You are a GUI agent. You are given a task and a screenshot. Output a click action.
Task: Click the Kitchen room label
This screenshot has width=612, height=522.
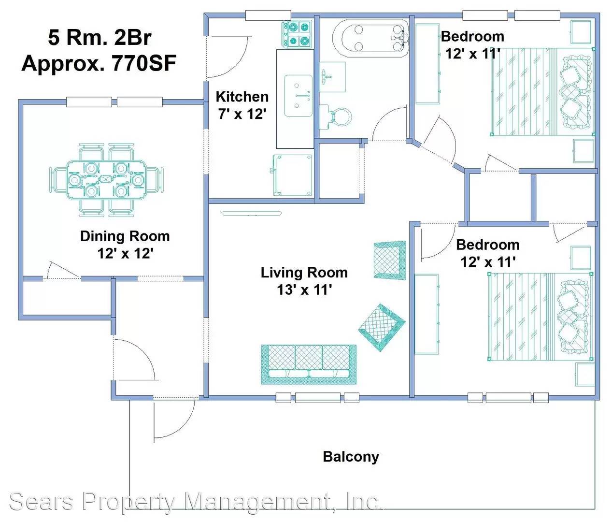(242, 97)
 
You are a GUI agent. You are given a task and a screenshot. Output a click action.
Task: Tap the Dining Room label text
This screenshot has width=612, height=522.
(125, 236)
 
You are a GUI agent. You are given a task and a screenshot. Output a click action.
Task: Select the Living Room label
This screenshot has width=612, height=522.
(304, 273)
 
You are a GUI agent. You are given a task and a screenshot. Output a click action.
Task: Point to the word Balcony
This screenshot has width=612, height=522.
(351, 457)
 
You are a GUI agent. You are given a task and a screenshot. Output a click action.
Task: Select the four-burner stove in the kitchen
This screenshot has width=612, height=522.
(297, 34)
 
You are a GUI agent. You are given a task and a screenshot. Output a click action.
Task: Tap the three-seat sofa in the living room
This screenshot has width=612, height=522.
(309, 364)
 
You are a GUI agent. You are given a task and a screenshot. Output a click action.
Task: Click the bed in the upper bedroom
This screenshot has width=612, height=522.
(541, 91)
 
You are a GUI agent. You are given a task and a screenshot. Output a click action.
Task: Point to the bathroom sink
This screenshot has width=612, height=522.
(333, 76)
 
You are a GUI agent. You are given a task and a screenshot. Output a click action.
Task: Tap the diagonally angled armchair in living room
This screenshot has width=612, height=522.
(382, 327)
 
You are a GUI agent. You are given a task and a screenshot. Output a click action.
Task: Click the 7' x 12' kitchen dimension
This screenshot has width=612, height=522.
(242, 115)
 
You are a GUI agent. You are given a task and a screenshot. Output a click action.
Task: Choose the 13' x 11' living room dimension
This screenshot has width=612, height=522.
(304, 290)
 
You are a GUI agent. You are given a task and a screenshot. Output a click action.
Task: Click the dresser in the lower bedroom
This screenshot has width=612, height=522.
(427, 314)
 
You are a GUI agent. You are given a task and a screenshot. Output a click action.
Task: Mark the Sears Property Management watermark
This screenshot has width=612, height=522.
(196, 501)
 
